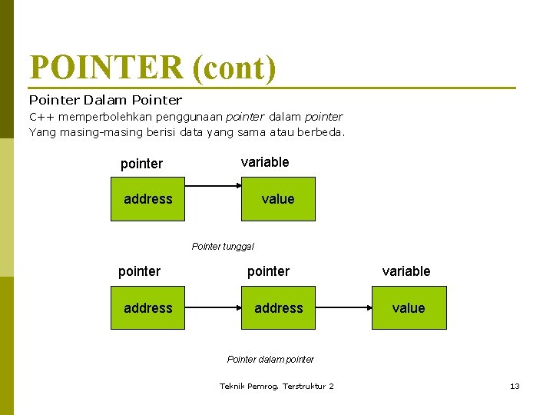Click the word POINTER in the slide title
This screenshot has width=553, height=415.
pos(106,68)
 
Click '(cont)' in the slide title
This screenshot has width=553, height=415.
pos(234,68)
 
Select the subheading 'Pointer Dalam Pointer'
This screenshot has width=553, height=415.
pos(105,100)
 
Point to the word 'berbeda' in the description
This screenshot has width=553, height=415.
pos(326,131)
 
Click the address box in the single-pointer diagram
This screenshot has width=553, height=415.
pos(147,199)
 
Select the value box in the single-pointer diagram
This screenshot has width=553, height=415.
pos(278,199)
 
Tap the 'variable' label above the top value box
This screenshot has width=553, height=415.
pos(265,162)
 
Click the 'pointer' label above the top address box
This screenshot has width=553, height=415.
pos(141,164)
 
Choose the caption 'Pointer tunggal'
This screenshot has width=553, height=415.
pos(223,247)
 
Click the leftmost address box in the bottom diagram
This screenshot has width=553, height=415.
pos(147,307)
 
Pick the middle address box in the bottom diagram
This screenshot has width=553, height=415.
pos(278,307)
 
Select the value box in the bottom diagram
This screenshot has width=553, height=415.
pos(409,307)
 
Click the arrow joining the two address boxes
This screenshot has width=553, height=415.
pos(213,307)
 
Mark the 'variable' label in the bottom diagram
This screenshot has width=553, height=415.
pos(406,271)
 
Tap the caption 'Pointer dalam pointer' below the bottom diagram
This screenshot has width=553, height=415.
pos(270,359)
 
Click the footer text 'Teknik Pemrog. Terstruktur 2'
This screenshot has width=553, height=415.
pos(276,386)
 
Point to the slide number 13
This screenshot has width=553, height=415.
pos(515,386)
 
